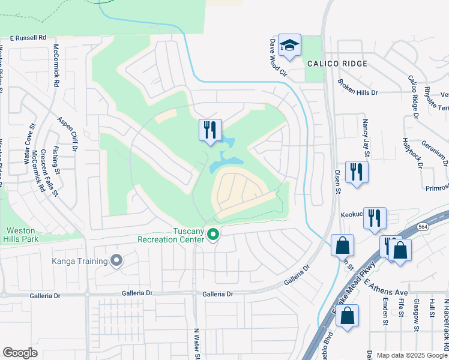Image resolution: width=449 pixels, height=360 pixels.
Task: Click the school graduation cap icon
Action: click(x=289, y=46)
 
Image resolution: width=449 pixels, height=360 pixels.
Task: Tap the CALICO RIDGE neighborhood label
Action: click(x=337, y=63)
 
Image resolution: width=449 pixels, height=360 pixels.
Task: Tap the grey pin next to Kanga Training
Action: click(x=116, y=260)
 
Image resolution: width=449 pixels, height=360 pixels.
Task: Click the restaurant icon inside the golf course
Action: click(x=210, y=130)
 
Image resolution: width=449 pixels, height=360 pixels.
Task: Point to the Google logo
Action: click(x=20, y=352)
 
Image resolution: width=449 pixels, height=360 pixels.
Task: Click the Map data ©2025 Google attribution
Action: click(x=412, y=355)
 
